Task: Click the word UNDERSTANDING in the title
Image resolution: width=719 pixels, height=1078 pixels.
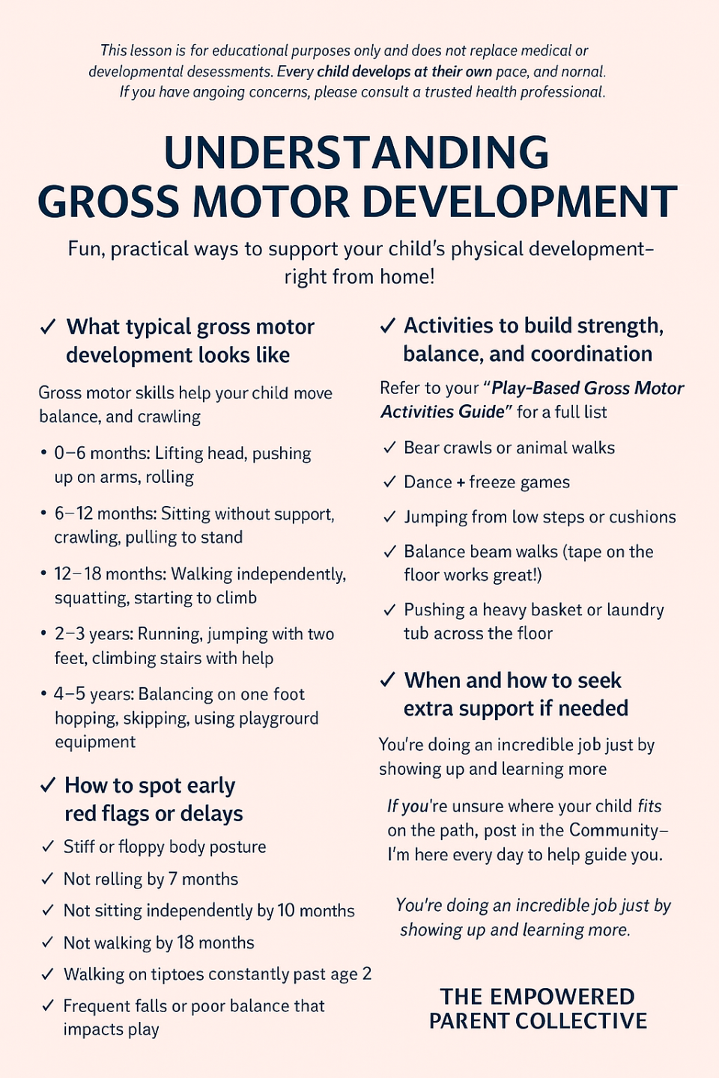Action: point(357,153)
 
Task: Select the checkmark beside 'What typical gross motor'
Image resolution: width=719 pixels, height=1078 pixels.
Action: point(48,326)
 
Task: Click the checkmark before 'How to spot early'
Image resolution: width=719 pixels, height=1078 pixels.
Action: point(48,785)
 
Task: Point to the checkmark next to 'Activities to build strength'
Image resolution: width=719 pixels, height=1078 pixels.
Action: point(388,326)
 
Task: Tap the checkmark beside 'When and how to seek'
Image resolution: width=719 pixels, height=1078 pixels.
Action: point(388,680)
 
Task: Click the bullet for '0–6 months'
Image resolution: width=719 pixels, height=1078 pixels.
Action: point(44,454)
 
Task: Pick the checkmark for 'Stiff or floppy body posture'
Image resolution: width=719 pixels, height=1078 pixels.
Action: point(48,847)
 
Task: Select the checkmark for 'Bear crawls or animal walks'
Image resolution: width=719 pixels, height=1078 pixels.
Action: point(389,448)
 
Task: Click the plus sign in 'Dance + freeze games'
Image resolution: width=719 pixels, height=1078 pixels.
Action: point(461,482)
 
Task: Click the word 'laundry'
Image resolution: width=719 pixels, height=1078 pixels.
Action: point(636,610)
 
